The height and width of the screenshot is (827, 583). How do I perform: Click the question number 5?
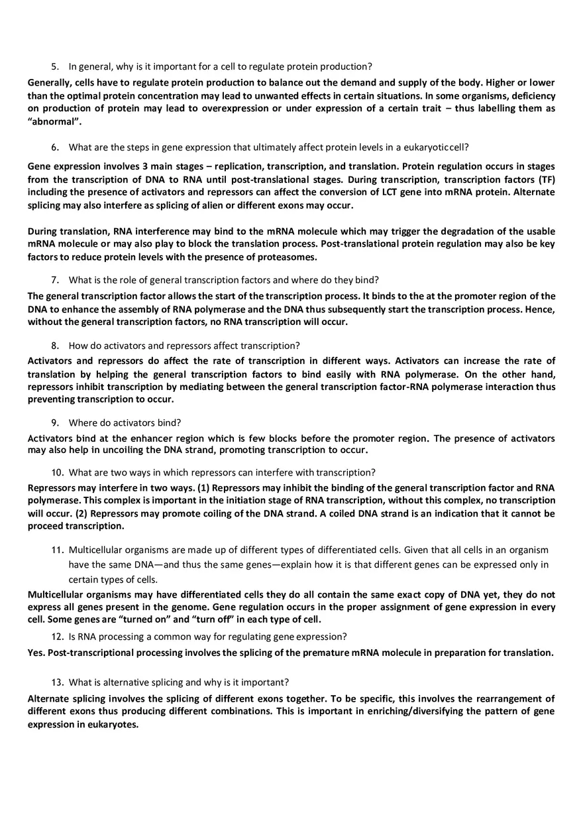coord(54,66)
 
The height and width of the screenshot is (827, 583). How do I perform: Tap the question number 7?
coord(54,280)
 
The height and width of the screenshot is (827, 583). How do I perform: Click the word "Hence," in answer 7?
coord(540,309)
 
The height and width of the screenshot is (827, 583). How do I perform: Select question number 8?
coord(54,346)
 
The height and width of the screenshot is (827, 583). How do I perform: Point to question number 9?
coord(54,422)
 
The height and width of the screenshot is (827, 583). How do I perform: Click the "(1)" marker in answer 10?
coord(203,488)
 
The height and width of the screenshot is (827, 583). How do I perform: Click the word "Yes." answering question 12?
coord(36,653)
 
